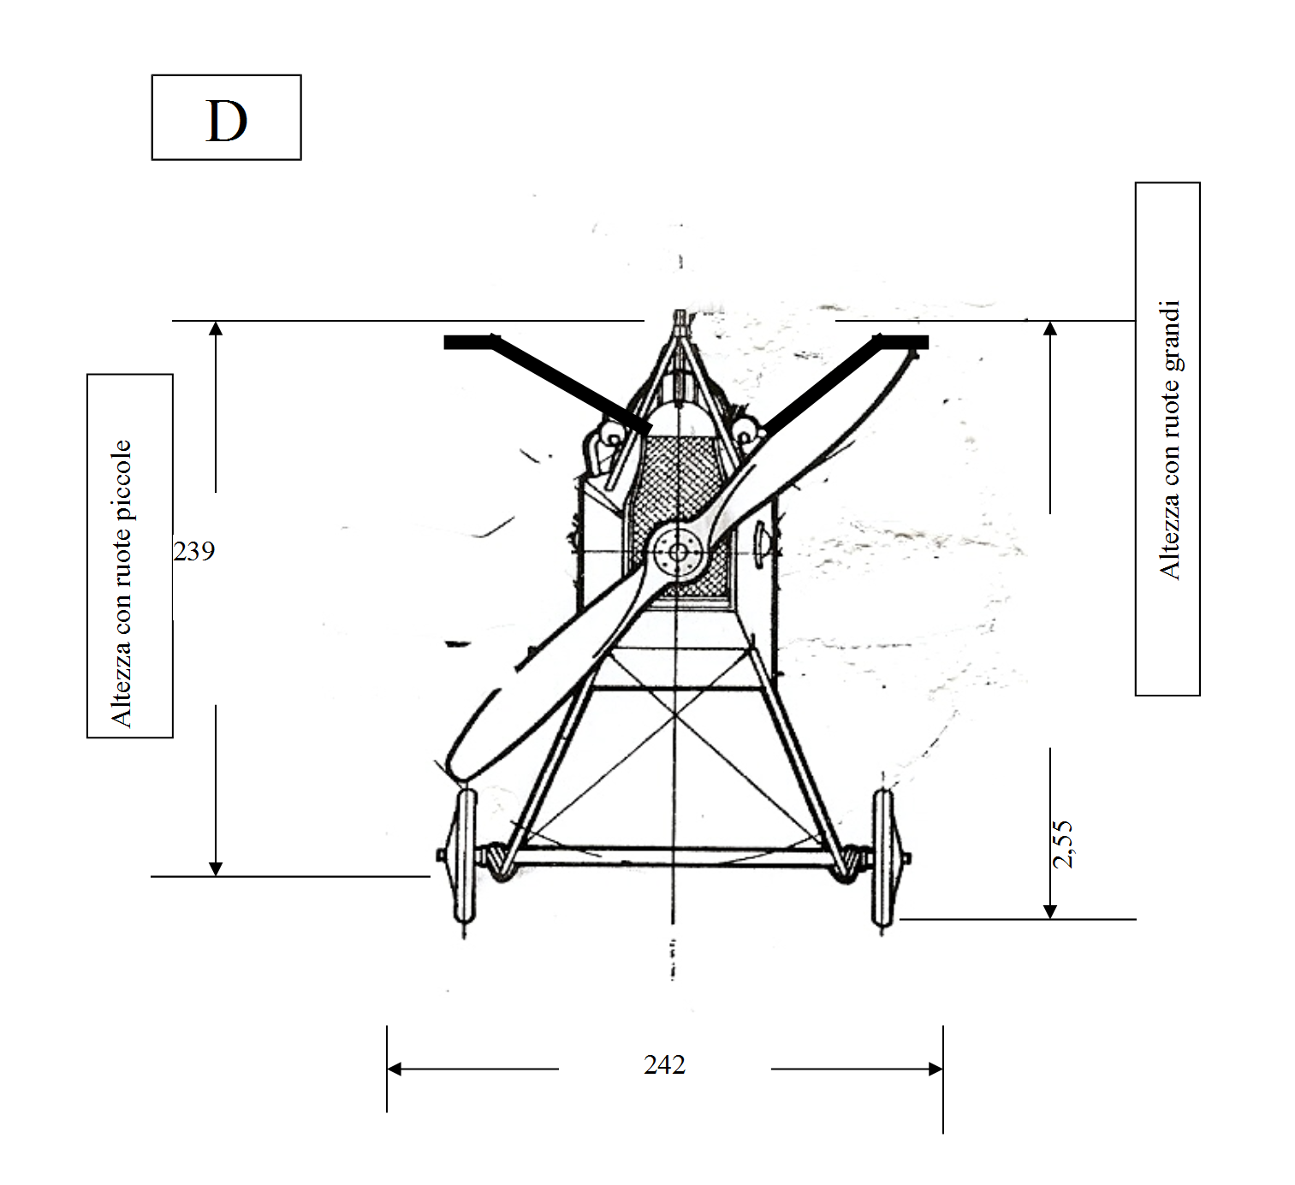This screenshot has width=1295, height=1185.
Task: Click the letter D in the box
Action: tap(226, 121)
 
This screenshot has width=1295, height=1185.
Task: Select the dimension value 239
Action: tap(193, 551)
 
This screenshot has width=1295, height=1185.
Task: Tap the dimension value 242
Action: tap(664, 1065)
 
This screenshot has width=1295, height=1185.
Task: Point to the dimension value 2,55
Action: tap(1062, 844)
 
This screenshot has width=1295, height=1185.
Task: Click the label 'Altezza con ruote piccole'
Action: tap(122, 584)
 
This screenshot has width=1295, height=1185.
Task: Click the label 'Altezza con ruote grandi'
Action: tap(1170, 440)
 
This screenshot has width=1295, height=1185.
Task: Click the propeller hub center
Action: tap(678, 553)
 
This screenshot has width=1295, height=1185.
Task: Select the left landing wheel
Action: tap(465, 856)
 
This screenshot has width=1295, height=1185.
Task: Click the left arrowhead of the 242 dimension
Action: tap(394, 1069)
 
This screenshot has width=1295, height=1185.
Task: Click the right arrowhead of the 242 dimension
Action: tap(936, 1069)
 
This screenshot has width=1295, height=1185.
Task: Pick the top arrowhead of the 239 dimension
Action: tap(216, 328)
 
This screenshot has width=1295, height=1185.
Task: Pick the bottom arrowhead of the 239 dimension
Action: tap(216, 868)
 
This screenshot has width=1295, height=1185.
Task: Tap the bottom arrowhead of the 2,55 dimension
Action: tap(1050, 911)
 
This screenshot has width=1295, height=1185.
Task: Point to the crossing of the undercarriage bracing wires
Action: tap(675, 715)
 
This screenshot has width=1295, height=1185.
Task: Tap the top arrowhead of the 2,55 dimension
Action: tap(1050, 328)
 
